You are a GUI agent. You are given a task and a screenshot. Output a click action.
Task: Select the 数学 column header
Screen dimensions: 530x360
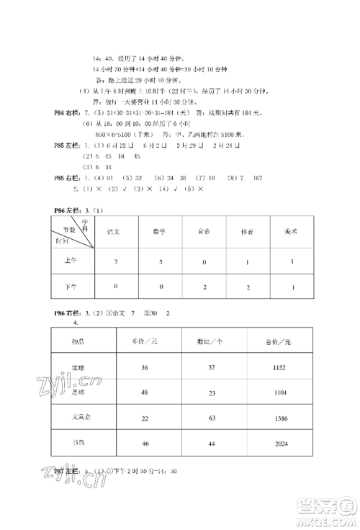pos(159,231)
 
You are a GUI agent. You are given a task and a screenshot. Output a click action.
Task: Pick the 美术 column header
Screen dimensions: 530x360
pos(292,231)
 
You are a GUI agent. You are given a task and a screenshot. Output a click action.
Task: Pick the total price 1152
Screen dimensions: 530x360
pos(281,367)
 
